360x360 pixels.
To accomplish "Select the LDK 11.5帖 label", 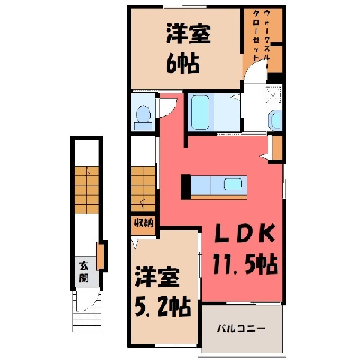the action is (245, 249).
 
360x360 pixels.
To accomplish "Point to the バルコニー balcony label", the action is (241, 328).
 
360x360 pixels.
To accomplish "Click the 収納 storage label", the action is (143, 223).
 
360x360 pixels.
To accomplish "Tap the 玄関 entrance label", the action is (84, 272).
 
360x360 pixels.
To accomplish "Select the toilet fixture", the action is (143, 118).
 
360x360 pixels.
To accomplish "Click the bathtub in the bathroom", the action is (200, 112).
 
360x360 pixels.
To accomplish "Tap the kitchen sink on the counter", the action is (233, 184).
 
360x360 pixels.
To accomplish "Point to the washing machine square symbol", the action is (273, 94).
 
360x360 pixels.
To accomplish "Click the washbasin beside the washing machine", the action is (275, 121).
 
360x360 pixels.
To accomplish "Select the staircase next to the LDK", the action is (143, 190).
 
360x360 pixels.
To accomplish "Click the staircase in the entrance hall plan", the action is (87, 190).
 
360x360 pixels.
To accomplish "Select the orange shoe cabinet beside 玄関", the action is (100, 256).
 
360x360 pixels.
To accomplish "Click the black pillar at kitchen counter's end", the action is (186, 187).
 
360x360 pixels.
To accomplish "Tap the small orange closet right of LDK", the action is (277, 148).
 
